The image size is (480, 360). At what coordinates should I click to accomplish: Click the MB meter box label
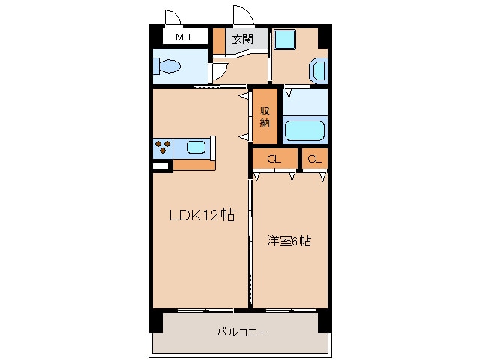[x=182, y=37]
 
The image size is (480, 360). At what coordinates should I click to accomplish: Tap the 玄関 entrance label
[x=241, y=39]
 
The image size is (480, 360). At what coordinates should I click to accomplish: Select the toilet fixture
[x=169, y=68]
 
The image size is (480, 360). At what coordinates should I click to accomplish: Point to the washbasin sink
[x=318, y=71]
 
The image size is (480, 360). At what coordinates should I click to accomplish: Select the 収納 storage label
[x=265, y=117]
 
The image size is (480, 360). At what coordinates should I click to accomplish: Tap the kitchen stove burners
[x=163, y=148]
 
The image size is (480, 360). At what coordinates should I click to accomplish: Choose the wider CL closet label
[x=274, y=159]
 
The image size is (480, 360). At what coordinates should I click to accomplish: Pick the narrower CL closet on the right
[x=315, y=159]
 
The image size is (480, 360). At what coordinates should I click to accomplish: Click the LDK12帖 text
[x=201, y=216]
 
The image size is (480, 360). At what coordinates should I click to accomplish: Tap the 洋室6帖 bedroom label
[x=289, y=241]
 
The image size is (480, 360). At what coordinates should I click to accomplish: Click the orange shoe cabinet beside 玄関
[x=219, y=41]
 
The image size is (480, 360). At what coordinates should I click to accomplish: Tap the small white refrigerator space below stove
[x=161, y=165]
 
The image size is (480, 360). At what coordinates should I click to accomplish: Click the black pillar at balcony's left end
[x=155, y=320]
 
